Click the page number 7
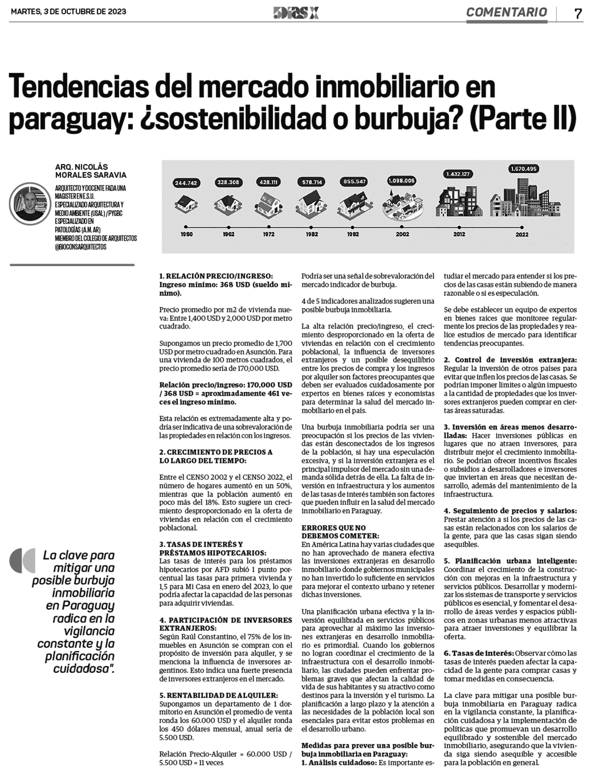578,14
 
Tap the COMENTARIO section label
506,12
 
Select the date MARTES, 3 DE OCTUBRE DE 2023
68,11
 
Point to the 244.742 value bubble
186,183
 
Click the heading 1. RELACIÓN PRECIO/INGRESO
216,276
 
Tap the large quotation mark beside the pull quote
23,560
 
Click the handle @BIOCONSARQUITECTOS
81,247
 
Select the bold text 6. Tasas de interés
478,653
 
